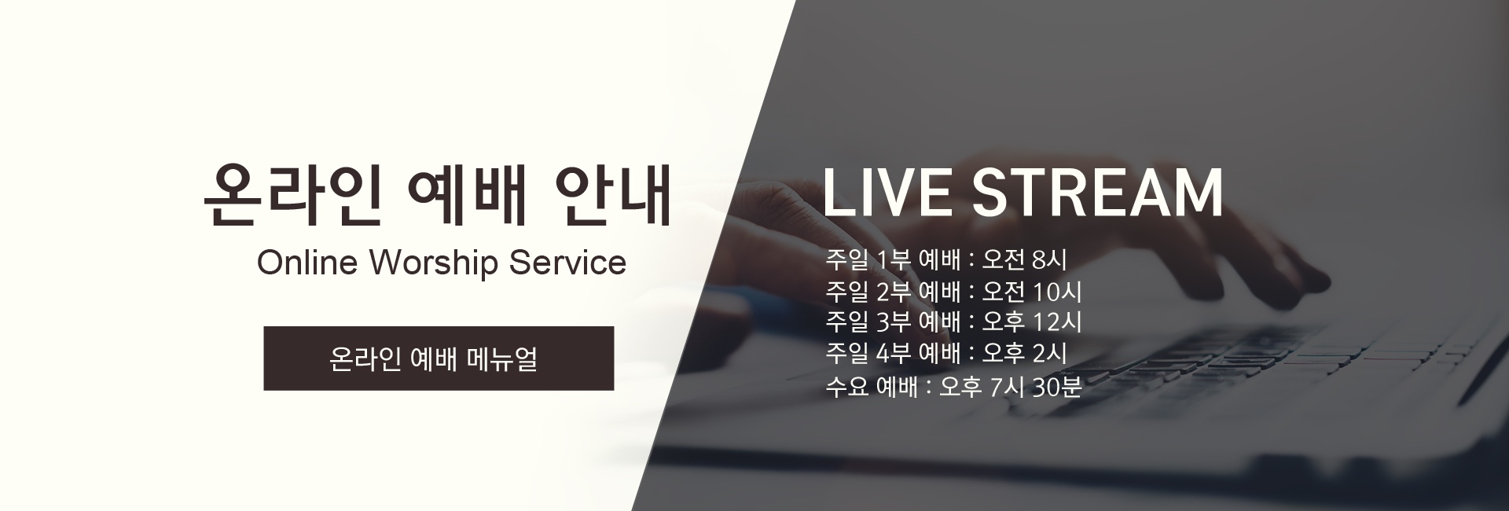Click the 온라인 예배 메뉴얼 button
coord(439,358)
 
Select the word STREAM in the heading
coord(1098,193)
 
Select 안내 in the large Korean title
coord(612,194)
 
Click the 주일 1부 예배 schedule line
coord(946,259)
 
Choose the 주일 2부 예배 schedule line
coord(953,292)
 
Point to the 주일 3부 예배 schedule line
coord(953,322)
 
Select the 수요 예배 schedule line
coord(953,387)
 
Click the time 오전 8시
coord(1025,259)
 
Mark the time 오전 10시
coord(1032,292)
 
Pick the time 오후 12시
coord(1032,322)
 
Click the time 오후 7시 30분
coord(1011,387)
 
